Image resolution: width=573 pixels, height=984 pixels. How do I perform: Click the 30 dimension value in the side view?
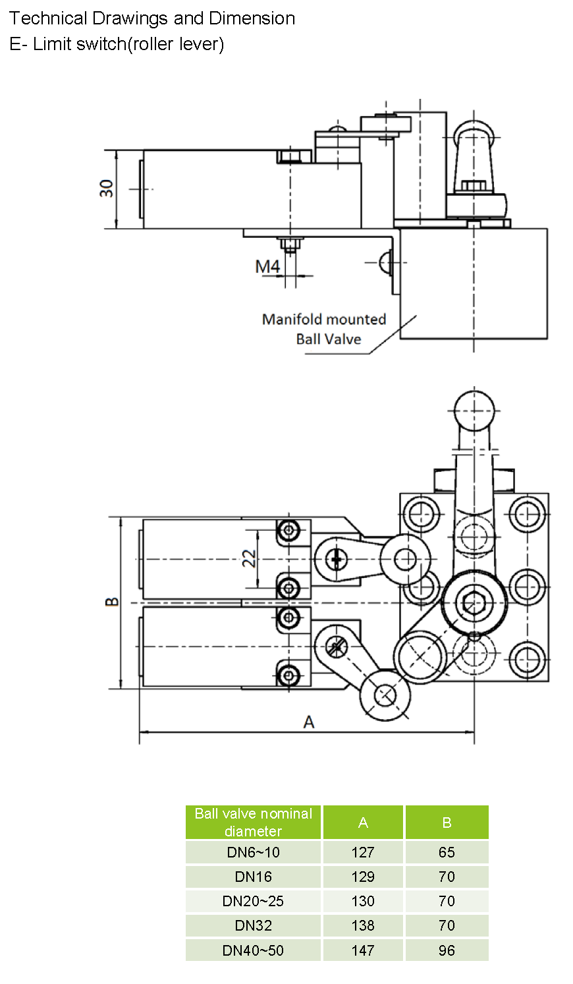coord(107,188)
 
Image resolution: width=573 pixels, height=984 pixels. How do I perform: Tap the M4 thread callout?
coord(267,266)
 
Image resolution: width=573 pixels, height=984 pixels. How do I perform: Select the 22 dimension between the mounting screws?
coord(249,559)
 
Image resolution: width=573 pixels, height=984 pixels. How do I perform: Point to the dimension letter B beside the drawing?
coord(113,601)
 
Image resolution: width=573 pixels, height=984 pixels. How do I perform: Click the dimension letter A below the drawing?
coord(309,722)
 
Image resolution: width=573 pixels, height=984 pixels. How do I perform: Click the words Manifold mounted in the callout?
coord(324,320)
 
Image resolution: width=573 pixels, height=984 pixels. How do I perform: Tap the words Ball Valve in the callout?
coord(329,339)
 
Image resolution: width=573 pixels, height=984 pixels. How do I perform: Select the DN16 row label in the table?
coord(254,877)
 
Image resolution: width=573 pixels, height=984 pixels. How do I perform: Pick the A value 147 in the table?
coord(363,950)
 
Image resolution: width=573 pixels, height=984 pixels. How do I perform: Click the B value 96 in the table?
coord(447,950)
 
